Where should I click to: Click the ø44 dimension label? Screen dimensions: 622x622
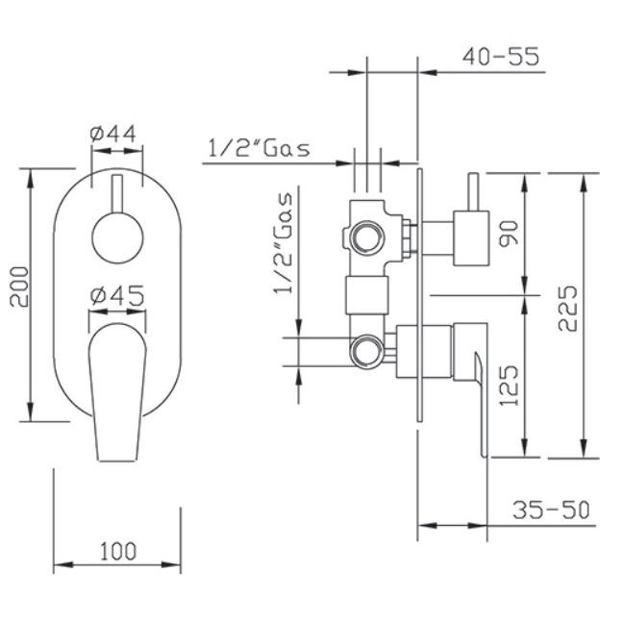point(113,134)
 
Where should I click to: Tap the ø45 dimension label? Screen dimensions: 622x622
point(117,296)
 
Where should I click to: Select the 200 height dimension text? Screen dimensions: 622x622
point(20,286)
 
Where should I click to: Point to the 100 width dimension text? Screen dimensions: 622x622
point(118,552)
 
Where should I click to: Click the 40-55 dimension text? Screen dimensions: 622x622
point(501,57)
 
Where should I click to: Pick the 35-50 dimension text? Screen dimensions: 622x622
point(551,510)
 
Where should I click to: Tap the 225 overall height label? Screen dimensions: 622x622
point(567,308)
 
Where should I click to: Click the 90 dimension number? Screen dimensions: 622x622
point(509,234)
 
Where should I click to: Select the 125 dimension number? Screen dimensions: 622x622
point(509,386)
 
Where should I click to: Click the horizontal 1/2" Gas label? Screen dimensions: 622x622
point(259,149)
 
